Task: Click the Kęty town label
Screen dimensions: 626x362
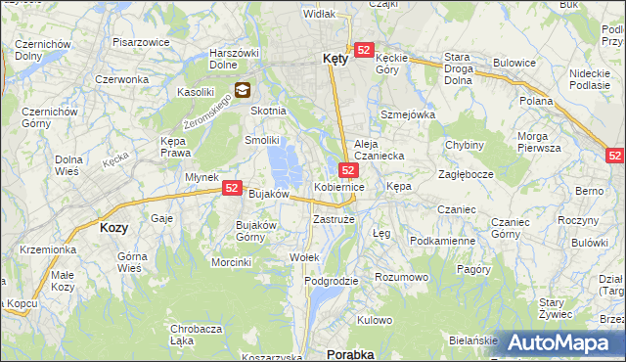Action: tap(335, 59)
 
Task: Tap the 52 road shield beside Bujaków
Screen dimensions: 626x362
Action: tap(232, 188)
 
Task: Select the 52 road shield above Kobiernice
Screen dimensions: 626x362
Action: tap(349, 170)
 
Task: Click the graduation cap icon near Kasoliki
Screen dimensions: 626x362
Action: tap(242, 91)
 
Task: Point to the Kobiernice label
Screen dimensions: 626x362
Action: tap(338, 186)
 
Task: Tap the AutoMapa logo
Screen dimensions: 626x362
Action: tap(565, 342)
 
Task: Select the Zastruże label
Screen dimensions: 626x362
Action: tap(334, 220)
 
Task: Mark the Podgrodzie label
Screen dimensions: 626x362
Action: tap(332, 281)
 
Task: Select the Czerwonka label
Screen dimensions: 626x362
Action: tap(121, 79)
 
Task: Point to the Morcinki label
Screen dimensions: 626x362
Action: tap(232, 262)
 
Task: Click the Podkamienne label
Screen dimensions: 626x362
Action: tap(442, 241)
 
